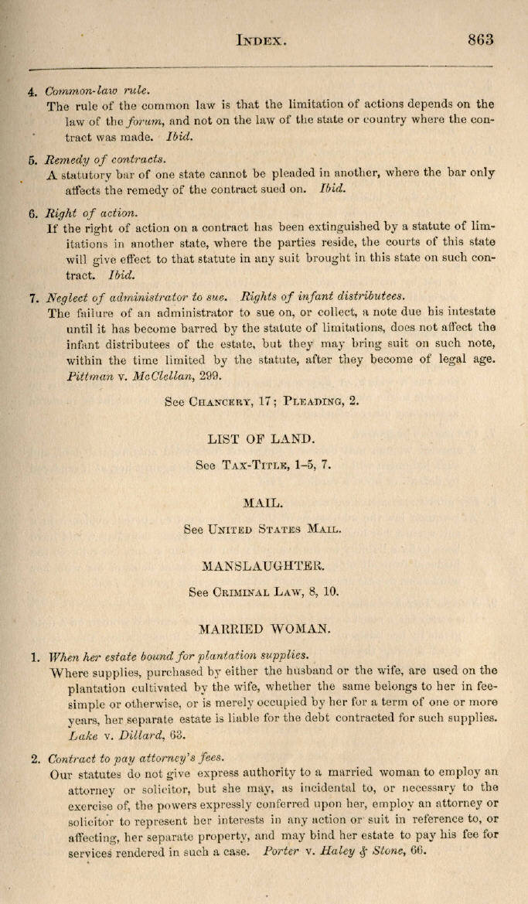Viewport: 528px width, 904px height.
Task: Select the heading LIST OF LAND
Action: [x=261, y=439]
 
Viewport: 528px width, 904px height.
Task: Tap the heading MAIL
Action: [x=263, y=503]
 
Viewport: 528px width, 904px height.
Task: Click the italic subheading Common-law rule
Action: [x=97, y=90]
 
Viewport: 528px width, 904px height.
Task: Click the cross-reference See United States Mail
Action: [x=262, y=530]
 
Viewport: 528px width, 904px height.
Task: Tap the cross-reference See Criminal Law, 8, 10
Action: [x=264, y=592]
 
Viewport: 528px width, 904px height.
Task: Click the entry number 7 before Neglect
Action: [x=32, y=297]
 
